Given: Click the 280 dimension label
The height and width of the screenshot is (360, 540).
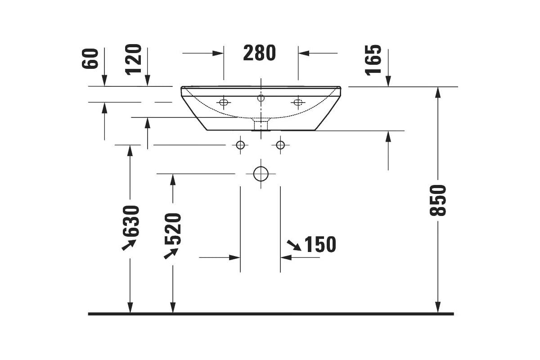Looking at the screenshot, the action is (259, 53).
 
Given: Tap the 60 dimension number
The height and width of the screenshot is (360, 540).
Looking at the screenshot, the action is (90, 58).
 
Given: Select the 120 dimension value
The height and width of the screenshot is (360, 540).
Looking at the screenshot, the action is (133, 59).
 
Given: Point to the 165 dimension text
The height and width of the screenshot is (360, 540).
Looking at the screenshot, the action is (373, 60).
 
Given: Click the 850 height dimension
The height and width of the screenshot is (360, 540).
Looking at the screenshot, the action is (438, 200).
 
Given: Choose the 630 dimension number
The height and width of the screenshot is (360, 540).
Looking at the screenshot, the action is (131, 221).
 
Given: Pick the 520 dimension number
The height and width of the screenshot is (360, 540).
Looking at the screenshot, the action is (173, 229).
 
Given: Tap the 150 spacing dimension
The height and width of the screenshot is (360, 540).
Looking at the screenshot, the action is (320, 244).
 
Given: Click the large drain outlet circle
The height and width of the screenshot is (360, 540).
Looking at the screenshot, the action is (261, 174).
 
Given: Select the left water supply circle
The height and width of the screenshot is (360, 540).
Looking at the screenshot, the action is (240, 145).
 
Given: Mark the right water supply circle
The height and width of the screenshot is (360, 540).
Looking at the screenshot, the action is (280, 145).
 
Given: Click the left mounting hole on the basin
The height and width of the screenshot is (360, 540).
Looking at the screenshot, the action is (224, 103).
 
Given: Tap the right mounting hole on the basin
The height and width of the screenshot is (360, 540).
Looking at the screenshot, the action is (298, 103).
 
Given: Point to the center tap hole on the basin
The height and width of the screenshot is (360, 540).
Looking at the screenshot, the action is (261, 98).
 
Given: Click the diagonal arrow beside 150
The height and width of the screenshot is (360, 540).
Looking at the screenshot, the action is (294, 245).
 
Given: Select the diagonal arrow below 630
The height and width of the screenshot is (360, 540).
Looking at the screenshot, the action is (129, 245).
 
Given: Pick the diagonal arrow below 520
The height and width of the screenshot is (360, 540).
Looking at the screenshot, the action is (171, 253).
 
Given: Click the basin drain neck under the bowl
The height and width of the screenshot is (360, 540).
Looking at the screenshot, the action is (261, 125).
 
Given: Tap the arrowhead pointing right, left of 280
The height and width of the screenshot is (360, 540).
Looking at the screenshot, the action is (218, 53).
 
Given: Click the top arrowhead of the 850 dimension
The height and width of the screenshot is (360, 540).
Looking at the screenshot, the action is (438, 92).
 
